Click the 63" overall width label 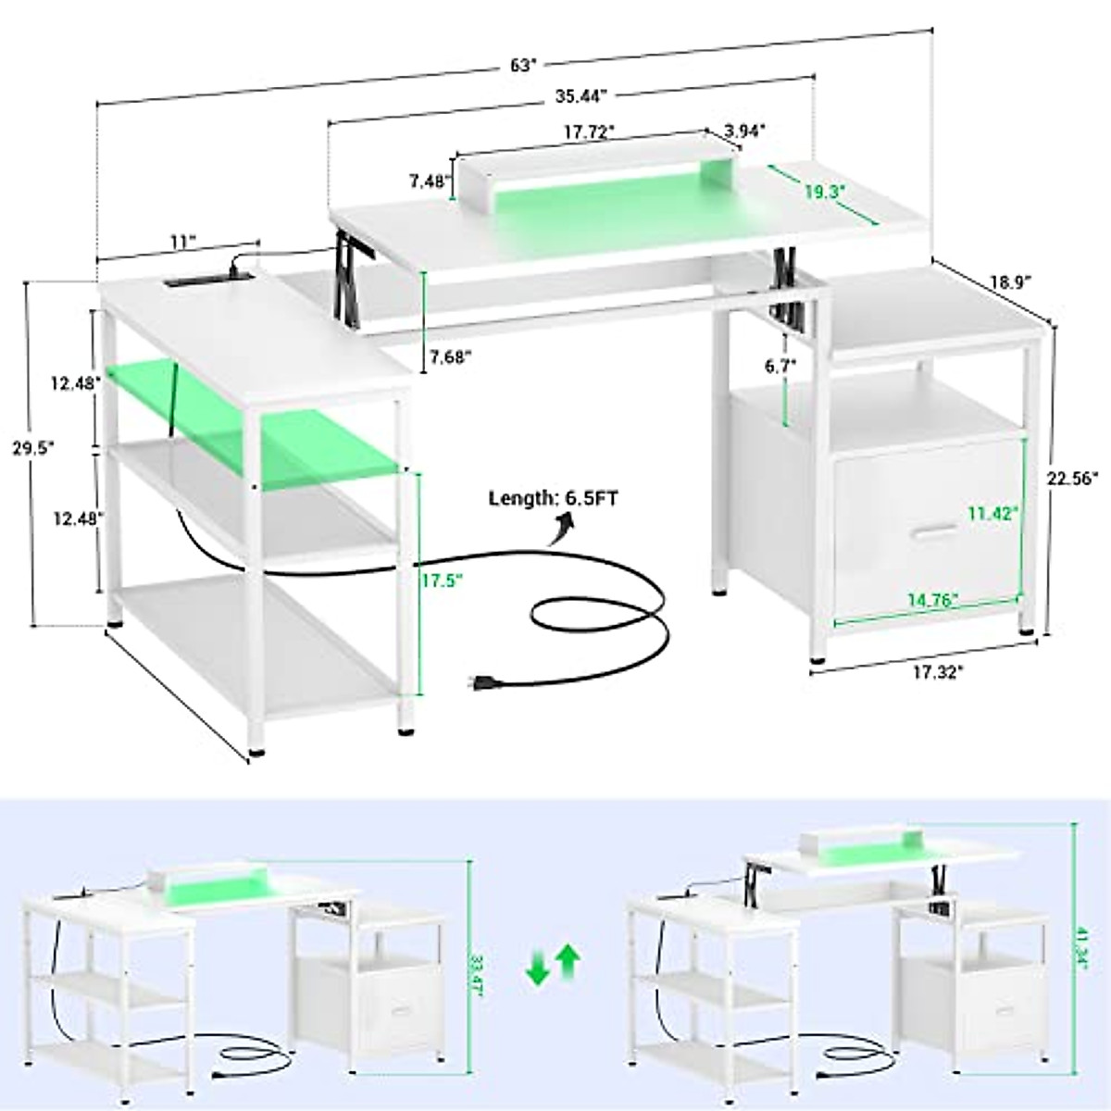523,66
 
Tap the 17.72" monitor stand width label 590,132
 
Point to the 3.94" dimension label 744,132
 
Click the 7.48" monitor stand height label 428,181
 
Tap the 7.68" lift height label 452,356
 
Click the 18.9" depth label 1009,279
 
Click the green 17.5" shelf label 441,580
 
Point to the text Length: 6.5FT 554,499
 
